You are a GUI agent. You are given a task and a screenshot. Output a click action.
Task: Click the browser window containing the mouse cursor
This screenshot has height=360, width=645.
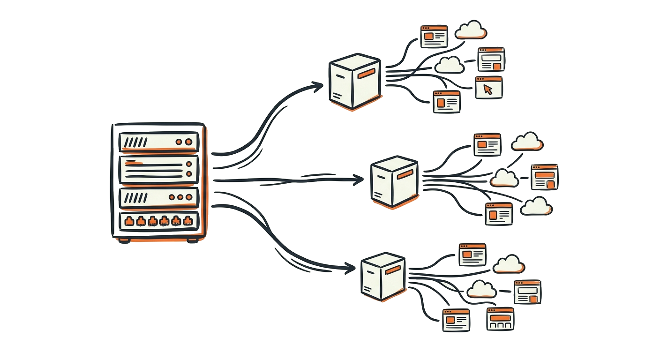(488, 88)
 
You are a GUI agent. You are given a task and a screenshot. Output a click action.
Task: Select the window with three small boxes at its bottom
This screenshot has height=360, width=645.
(500, 319)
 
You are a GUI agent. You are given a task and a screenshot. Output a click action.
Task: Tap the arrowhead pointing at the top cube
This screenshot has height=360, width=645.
(319, 86)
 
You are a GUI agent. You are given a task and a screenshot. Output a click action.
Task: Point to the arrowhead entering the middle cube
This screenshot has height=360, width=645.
(359, 179)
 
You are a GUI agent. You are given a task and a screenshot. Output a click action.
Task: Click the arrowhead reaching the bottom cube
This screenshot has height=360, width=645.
(350, 269)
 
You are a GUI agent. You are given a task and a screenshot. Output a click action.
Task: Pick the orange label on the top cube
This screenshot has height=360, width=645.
(366, 73)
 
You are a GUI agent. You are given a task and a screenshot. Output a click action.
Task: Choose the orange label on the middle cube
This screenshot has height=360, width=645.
(405, 174)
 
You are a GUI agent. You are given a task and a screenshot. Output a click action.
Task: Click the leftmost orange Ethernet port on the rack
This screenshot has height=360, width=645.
(128, 221)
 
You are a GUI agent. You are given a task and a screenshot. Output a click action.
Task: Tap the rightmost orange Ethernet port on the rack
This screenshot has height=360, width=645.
(188, 221)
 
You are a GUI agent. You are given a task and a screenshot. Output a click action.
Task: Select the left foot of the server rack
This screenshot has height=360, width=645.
(124, 240)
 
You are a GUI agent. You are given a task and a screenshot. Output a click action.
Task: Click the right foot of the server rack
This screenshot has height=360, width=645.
(192, 240)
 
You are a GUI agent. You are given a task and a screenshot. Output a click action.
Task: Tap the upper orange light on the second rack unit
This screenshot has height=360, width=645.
(189, 165)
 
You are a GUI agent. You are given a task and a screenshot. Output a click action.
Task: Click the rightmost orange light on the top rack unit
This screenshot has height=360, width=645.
(189, 142)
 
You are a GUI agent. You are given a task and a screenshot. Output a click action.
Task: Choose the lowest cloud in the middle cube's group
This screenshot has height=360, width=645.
(536, 206)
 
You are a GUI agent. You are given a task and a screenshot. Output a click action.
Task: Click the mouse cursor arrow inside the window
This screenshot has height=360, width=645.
(488, 89)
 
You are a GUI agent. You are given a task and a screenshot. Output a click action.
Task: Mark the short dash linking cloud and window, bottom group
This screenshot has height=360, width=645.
(504, 291)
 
